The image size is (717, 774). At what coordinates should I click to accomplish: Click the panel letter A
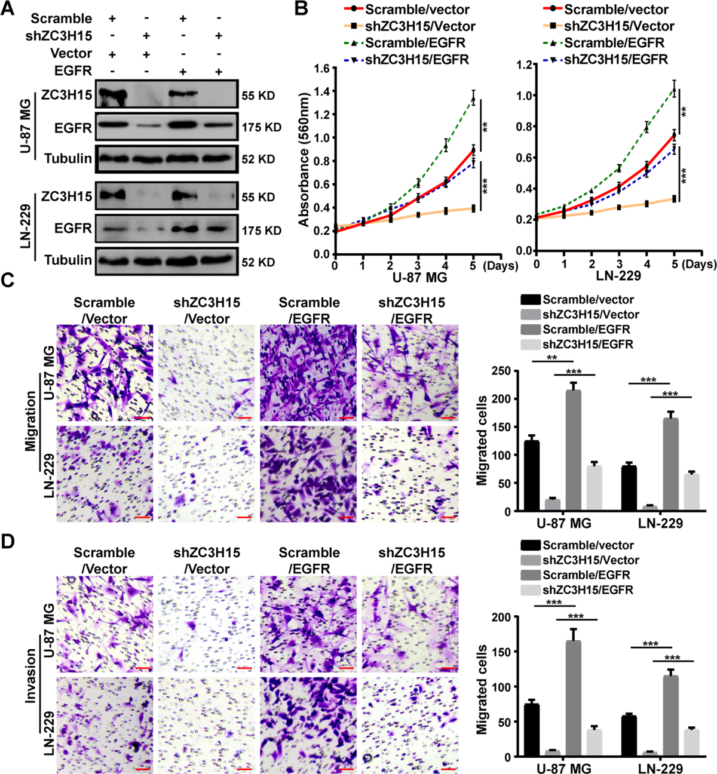pyautogui.click(x=8, y=10)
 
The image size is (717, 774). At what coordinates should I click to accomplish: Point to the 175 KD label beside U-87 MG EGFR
pyautogui.click(x=261, y=128)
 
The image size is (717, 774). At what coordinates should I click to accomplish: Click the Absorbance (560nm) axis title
pyautogui.click(x=304, y=159)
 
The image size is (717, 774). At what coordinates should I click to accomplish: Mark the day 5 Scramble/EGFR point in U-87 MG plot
pyautogui.click(x=473, y=100)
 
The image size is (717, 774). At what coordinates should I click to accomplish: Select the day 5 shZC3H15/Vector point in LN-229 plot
pyautogui.click(x=674, y=199)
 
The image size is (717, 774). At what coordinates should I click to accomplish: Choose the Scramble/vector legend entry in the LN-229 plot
pyautogui.click(x=615, y=10)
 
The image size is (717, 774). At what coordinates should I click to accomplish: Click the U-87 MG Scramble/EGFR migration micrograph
pyautogui.click(x=308, y=373)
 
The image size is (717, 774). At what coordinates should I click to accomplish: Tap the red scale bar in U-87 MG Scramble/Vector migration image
pyautogui.click(x=142, y=418)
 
